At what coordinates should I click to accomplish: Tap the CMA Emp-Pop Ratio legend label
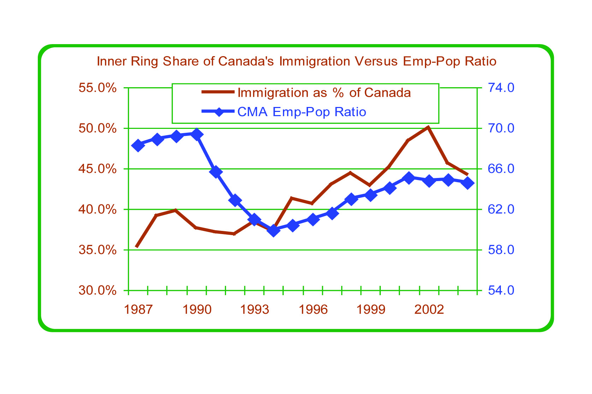pyautogui.click(x=302, y=112)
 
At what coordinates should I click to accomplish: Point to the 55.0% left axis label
pyautogui.click(x=97, y=88)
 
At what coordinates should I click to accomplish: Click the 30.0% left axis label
pyautogui.click(x=97, y=291)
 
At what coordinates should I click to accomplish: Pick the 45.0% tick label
pyautogui.click(x=97, y=169)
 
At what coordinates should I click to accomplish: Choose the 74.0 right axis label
pyautogui.click(x=501, y=88)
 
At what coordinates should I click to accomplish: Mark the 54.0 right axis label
pyautogui.click(x=501, y=291)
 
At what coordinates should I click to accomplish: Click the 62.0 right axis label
pyautogui.click(x=501, y=209)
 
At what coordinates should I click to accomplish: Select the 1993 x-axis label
pyautogui.click(x=254, y=310)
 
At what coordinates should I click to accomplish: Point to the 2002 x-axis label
pyautogui.click(x=429, y=310)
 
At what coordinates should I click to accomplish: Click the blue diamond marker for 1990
pyautogui.click(x=197, y=134)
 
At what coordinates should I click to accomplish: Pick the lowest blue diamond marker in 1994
pyautogui.click(x=273, y=231)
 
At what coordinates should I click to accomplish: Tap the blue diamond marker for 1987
pyautogui.click(x=138, y=145)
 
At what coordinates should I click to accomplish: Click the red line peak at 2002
pyautogui.click(x=428, y=127)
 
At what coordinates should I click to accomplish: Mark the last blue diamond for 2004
pyautogui.click(x=467, y=183)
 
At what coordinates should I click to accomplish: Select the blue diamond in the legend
pyautogui.click(x=219, y=112)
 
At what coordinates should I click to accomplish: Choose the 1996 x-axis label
pyautogui.click(x=313, y=310)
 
